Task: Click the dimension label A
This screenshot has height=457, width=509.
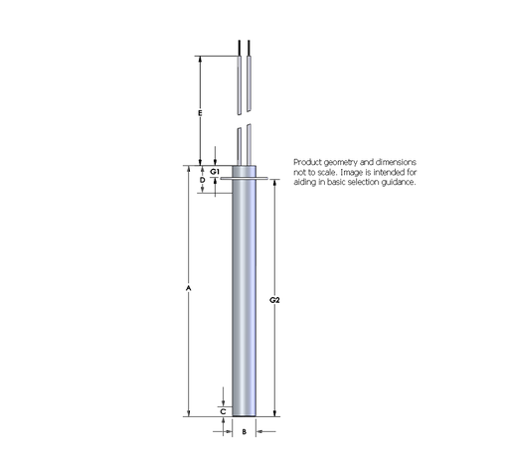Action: point(189,288)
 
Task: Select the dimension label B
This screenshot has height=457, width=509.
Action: point(244,432)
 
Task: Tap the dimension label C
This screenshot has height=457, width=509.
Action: point(223,409)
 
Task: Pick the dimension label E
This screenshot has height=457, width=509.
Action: point(201,115)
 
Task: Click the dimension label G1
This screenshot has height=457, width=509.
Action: point(214,171)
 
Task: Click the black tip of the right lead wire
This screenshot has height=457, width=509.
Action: point(248,48)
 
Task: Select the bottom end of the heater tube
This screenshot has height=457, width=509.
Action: point(244,416)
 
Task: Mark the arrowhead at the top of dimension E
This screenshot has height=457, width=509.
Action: point(201,59)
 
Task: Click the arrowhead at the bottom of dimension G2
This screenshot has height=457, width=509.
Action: point(274,413)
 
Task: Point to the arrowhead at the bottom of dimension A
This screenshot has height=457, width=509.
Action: point(189,413)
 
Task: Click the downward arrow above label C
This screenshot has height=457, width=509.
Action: point(223,400)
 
